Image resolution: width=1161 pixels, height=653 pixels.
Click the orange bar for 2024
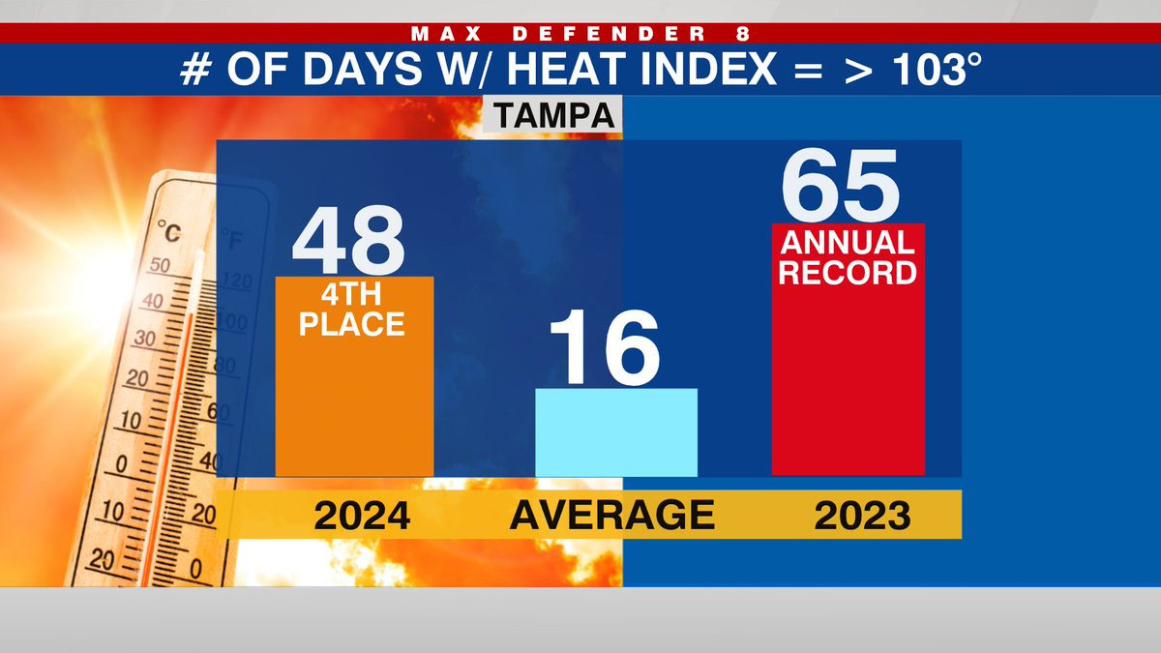point(354,406)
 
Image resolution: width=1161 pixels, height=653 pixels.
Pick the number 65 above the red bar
point(840,186)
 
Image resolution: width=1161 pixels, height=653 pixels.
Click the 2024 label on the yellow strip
point(362,516)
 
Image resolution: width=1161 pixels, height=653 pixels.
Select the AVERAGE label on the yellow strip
point(612,516)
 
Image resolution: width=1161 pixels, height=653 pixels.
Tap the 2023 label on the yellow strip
point(862,516)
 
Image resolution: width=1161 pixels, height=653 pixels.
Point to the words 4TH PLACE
point(352,310)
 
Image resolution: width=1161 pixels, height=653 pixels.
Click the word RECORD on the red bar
point(848,272)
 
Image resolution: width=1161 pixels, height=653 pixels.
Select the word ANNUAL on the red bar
point(848,242)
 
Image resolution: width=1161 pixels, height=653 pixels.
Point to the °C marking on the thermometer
point(168,233)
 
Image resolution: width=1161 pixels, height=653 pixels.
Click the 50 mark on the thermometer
point(161,265)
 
